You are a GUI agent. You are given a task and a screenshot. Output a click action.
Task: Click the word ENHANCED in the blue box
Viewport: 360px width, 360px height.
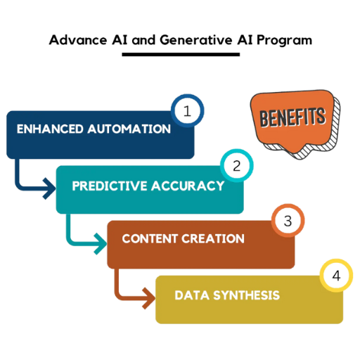coord(50,129)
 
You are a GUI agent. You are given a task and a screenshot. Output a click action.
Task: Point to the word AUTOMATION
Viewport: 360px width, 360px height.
coord(129,129)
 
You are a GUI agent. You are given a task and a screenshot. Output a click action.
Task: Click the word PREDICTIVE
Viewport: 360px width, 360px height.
coord(110,186)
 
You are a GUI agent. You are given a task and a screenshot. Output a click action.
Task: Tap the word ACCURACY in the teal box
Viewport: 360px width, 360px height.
coord(188,186)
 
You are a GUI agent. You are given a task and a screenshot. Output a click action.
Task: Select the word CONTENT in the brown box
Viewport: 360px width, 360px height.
coord(150,238)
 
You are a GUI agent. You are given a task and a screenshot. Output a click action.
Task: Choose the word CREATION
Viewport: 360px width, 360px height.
coord(213,238)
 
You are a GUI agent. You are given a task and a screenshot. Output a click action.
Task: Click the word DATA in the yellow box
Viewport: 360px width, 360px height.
coord(192,295)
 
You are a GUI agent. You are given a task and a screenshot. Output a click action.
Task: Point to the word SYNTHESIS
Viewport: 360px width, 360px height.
coord(247,295)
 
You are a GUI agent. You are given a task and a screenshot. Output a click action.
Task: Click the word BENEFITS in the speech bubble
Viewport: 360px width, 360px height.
coord(292,117)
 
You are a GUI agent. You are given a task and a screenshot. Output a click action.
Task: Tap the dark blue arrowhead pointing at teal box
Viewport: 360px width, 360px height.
coord(50,188)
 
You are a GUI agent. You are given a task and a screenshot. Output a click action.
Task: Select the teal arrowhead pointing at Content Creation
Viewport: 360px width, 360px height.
coord(101,244)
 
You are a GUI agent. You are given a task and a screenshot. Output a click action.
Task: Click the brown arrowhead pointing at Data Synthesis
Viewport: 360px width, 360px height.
coord(149,298)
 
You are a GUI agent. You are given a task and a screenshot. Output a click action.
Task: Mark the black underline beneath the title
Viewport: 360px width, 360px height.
coord(181,55)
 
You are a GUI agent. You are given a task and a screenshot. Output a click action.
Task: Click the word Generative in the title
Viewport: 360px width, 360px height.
coord(196,40)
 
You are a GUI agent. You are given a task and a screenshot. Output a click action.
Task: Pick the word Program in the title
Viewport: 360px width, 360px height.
coord(285,41)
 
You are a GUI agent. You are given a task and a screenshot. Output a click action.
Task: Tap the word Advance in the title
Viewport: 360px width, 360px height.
coord(78,40)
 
